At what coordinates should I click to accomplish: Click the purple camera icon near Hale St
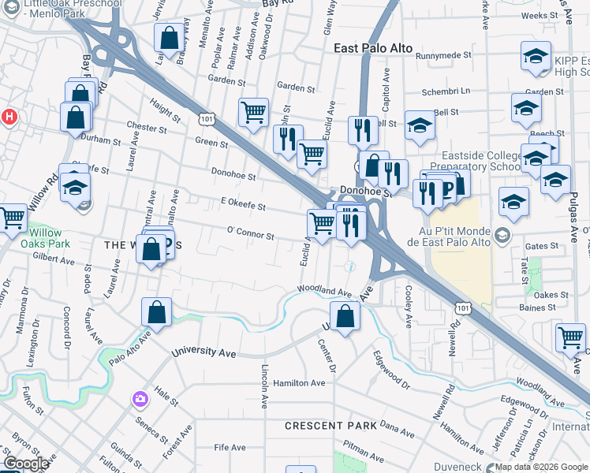coord(141,400)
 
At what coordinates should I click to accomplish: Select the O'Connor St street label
coord(250,235)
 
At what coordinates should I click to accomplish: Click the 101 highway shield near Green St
coord(206,117)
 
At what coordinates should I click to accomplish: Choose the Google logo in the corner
coord(27,464)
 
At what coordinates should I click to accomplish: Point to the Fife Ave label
coord(230,448)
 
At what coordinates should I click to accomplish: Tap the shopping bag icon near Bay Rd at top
coord(169,37)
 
